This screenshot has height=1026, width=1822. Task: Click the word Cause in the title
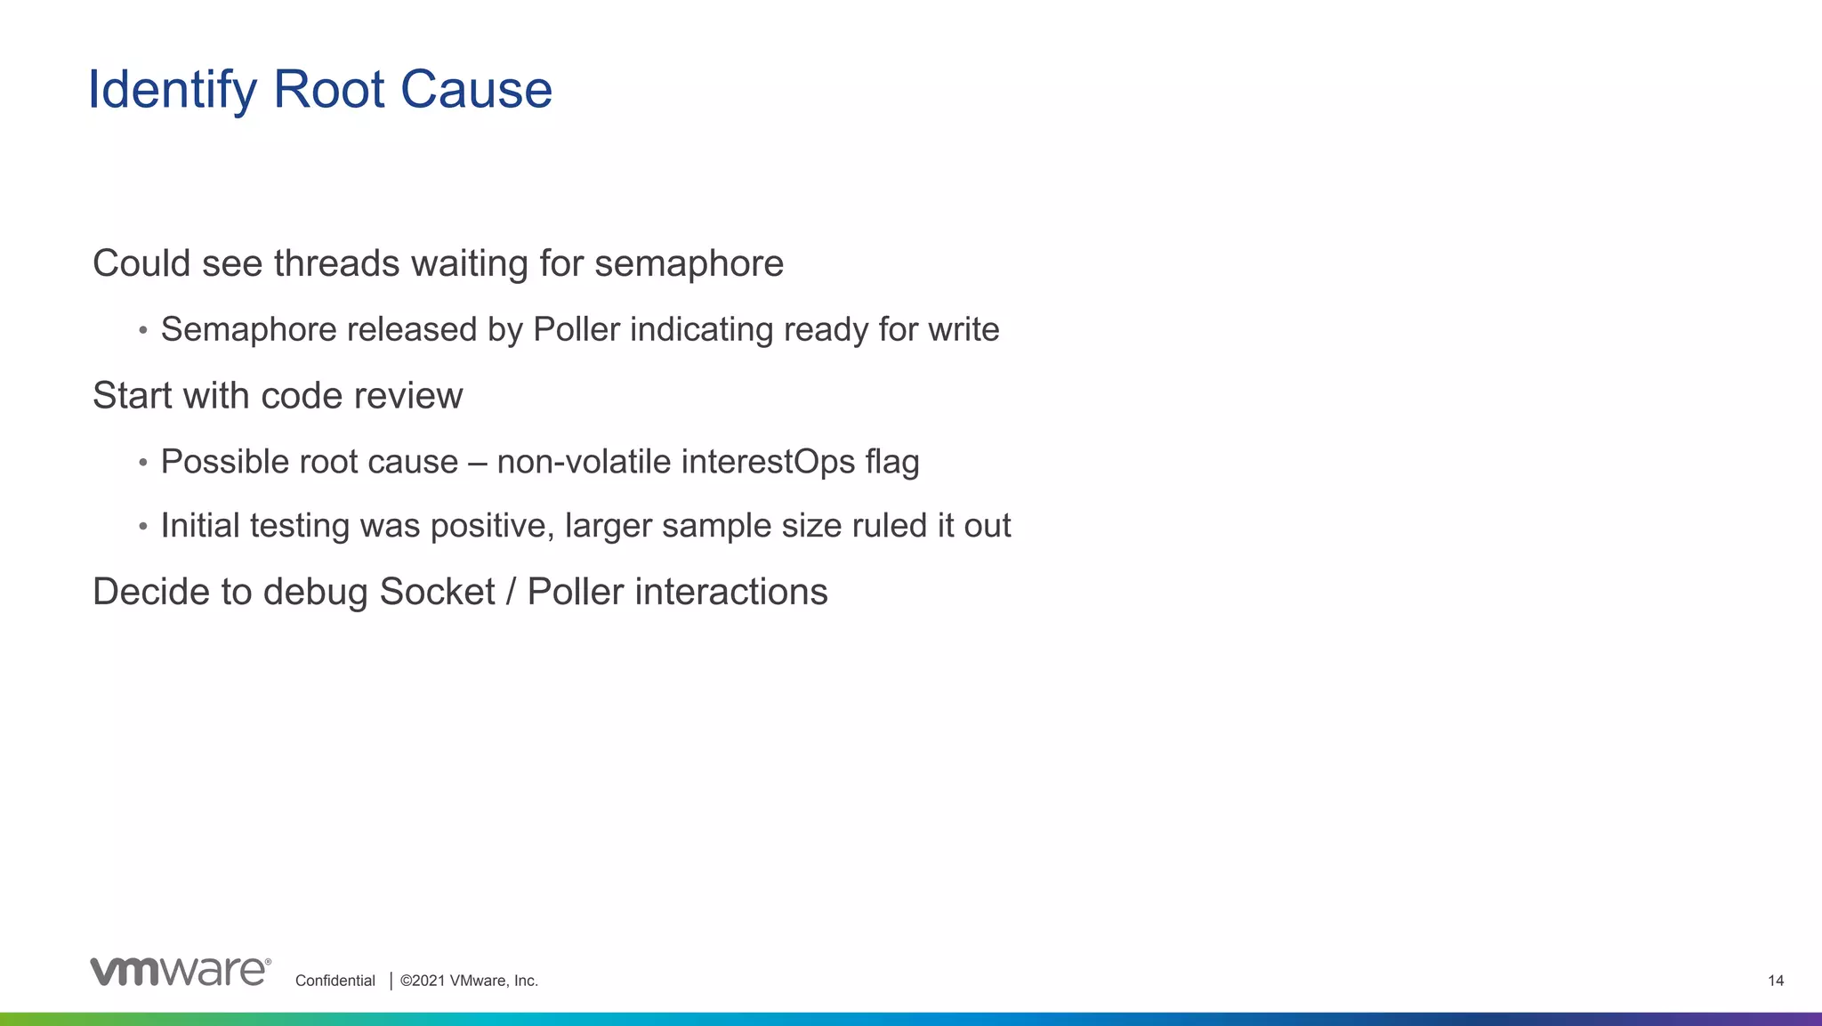coord(476,91)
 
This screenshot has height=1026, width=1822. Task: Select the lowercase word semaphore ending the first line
coord(689,263)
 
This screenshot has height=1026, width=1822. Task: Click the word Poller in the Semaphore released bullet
coord(576,330)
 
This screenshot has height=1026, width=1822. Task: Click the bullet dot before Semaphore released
coord(142,331)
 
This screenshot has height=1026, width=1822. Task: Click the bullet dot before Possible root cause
coord(142,463)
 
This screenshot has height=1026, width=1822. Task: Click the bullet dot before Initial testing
coord(142,527)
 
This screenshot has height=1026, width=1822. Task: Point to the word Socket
coord(437,593)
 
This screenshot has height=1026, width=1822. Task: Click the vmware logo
coord(180,971)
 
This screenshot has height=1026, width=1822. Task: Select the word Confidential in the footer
coord(335,981)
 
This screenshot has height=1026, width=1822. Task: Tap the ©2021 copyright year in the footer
coord(422,981)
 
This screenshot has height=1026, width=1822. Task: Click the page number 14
coord(1775,981)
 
